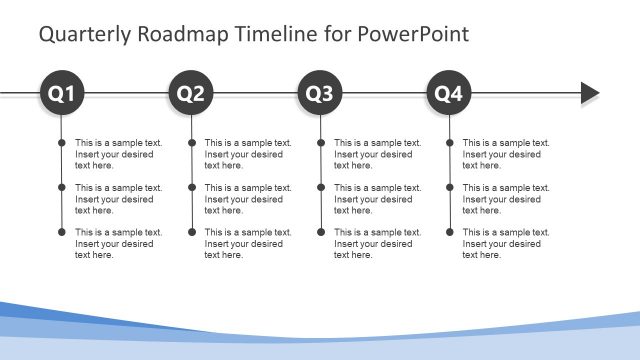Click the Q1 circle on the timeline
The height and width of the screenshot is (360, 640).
pyautogui.click(x=62, y=94)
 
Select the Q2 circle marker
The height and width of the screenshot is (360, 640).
pyautogui.click(x=191, y=94)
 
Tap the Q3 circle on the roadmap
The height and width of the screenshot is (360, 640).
pyautogui.click(x=320, y=94)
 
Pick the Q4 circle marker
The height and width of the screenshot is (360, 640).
pyautogui.click(x=449, y=94)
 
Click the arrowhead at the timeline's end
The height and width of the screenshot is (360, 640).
pyautogui.click(x=590, y=94)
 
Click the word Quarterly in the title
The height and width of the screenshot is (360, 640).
pyautogui.click(x=83, y=35)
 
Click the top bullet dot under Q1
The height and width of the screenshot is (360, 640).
pyautogui.click(x=62, y=143)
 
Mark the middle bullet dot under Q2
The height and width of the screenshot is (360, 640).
pyautogui.click(x=191, y=188)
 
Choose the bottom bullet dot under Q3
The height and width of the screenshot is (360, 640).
pyautogui.click(x=320, y=232)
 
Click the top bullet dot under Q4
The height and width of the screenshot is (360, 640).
pyautogui.click(x=449, y=143)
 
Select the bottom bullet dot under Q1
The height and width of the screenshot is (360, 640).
pyautogui.click(x=62, y=232)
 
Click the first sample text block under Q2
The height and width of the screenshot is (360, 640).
pyautogui.click(x=248, y=154)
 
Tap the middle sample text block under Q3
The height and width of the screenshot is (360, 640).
pyautogui.click(x=377, y=199)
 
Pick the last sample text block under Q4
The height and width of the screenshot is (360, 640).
pyautogui.click(x=506, y=243)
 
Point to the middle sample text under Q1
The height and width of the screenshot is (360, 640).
pyautogui.click(x=118, y=199)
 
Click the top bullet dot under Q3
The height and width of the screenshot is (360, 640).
pyautogui.click(x=320, y=143)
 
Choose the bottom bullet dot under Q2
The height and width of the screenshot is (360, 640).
pyautogui.click(x=191, y=232)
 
